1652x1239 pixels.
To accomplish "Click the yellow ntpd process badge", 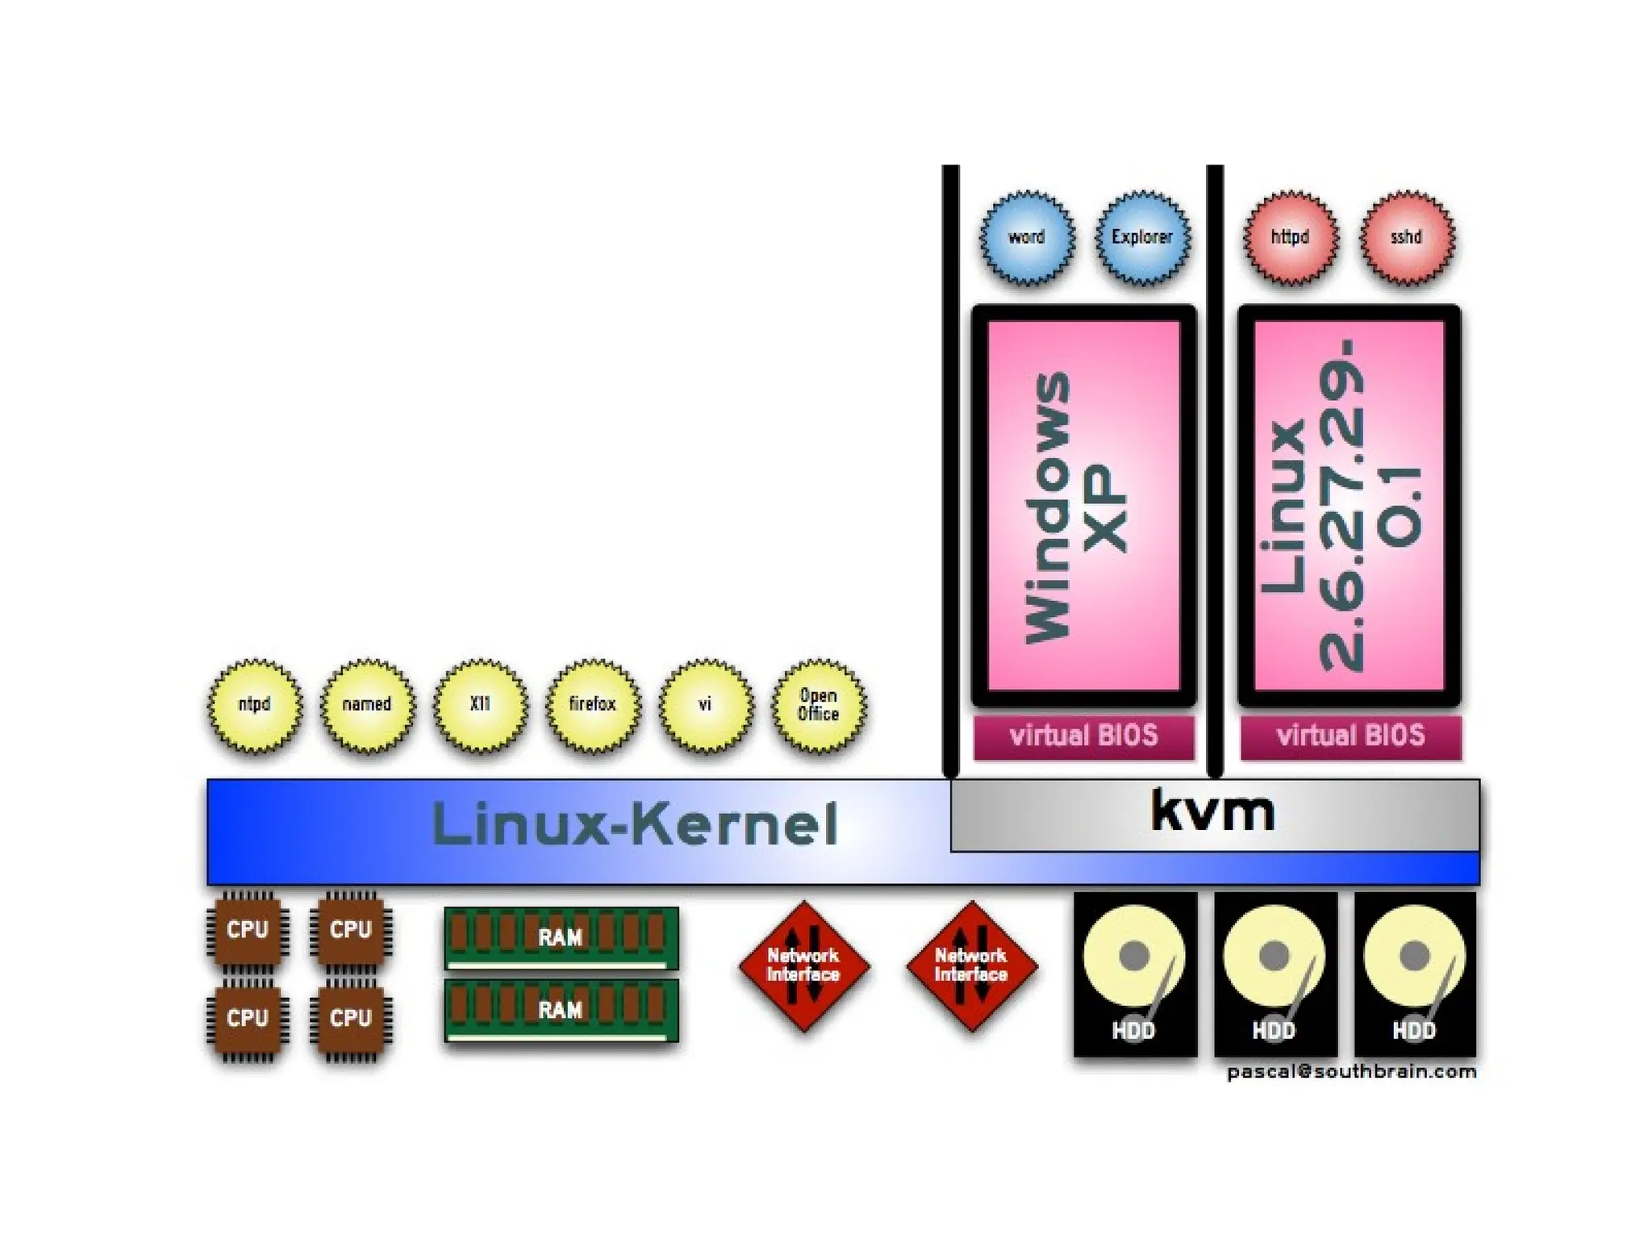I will click(255, 706).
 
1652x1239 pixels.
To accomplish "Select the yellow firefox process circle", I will click(593, 706).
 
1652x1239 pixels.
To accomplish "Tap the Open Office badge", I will click(818, 706).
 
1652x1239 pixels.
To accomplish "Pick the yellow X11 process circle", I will click(480, 706).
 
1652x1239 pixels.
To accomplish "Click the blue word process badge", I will click(1027, 238).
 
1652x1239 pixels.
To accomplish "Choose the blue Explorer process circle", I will click(1142, 238).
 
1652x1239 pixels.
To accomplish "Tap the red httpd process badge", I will click(1291, 238).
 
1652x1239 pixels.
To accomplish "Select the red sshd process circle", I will click(1407, 238).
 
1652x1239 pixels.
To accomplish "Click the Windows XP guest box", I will click(1083, 506).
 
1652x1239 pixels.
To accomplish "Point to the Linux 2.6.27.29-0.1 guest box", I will click(1349, 506).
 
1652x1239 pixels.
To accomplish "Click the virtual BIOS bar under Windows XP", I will click(1083, 736).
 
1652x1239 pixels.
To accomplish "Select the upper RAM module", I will click(561, 937).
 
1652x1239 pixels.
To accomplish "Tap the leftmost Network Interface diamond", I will click(803, 966).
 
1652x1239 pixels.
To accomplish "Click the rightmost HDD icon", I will click(1415, 974).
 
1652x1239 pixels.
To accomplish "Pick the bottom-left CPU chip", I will click(247, 1019).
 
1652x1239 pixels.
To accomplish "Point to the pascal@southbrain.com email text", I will click(1351, 1072).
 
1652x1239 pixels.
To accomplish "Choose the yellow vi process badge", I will click(706, 706).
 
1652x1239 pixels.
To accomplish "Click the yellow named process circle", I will click(367, 706).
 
